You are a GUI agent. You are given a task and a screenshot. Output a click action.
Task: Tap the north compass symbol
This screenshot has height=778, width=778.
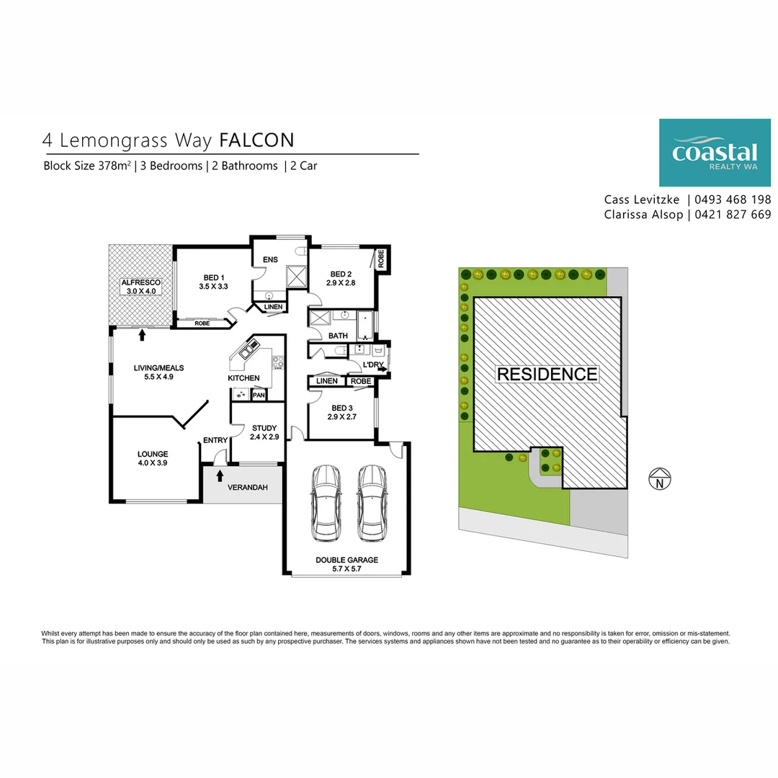(x=660, y=480)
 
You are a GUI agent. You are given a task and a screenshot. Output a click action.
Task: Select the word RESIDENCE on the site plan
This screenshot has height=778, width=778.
(x=547, y=375)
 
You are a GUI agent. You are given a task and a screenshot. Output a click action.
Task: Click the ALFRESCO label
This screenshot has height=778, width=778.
(x=140, y=282)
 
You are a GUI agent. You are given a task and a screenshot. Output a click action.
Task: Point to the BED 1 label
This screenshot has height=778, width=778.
(x=214, y=278)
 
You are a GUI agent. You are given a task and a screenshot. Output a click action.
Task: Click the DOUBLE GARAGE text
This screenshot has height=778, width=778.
(x=346, y=560)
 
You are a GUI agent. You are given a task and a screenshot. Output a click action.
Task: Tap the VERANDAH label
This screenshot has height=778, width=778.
(x=247, y=488)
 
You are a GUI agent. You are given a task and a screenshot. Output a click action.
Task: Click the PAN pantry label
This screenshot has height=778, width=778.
(x=259, y=395)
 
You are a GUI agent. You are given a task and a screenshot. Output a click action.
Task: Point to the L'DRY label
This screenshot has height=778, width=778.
(x=372, y=365)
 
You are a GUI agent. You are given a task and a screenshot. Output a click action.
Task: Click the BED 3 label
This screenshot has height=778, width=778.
(x=341, y=407)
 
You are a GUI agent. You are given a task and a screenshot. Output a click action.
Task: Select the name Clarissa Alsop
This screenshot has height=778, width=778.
(x=643, y=215)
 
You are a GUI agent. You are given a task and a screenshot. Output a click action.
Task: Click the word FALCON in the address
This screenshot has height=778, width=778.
(x=256, y=139)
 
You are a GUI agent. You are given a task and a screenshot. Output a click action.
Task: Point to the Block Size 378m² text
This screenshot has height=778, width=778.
(x=87, y=166)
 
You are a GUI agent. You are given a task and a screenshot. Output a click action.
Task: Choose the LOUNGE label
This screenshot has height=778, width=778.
(x=153, y=454)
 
